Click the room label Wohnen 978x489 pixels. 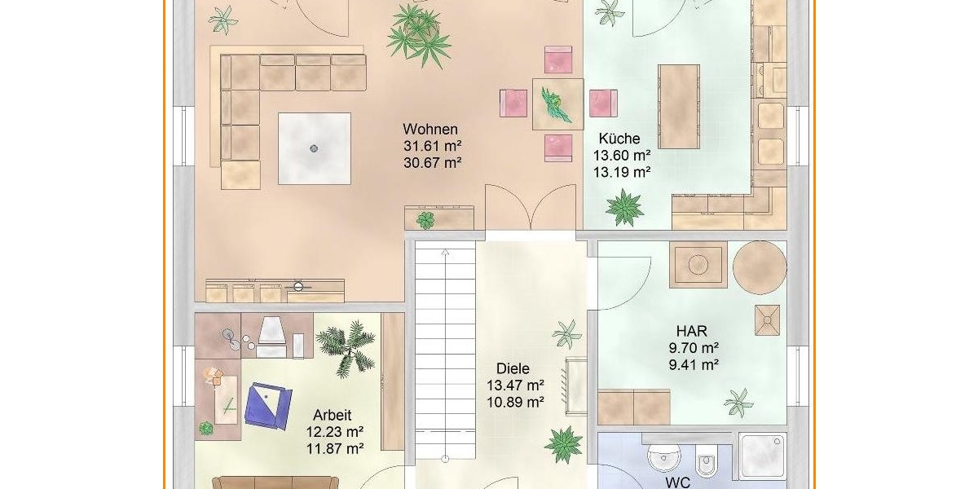[430, 130]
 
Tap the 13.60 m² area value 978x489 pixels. [622, 156]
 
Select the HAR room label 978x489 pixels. [692, 331]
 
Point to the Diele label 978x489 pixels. [513, 368]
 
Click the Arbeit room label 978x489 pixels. [333, 415]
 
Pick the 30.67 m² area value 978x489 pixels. [433, 163]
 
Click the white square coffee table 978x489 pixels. [315, 148]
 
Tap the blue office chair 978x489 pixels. [268, 406]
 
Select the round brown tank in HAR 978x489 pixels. [760, 267]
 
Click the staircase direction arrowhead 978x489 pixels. [445, 252]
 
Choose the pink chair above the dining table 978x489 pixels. [558, 59]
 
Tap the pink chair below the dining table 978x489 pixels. [558, 148]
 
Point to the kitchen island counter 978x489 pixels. [679, 107]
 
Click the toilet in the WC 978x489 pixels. [706, 460]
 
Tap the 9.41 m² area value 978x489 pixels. [694, 364]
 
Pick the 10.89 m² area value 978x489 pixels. [515, 402]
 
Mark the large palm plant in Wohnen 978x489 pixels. [419, 35]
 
